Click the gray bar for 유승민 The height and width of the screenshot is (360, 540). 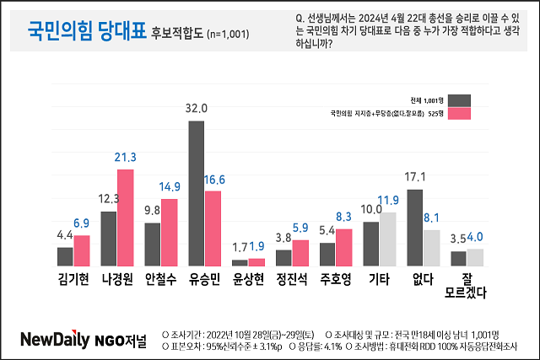coord(196,193)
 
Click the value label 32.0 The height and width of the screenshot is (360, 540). coord(196,108)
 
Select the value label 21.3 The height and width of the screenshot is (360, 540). coord(126,156)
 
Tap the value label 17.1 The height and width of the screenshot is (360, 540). coord(413,176)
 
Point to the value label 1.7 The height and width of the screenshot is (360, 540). coord(239,247)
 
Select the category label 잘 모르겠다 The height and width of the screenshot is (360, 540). coord(467,286)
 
